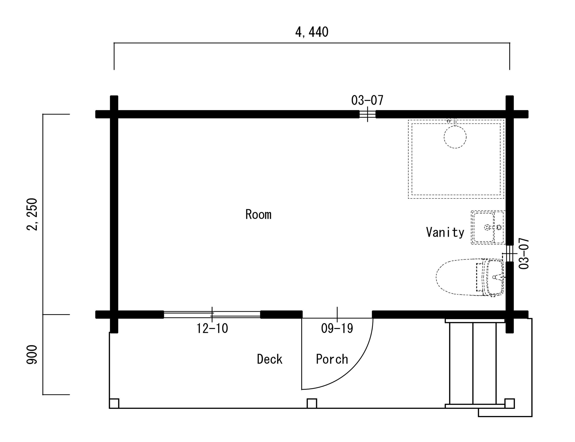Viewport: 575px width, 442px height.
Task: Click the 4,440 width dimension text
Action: (x=312, y=32)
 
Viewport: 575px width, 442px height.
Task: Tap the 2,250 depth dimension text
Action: (x=32, y=214)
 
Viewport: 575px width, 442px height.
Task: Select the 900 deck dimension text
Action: (x=32, y=355)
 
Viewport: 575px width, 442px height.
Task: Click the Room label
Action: (x=258, y=214)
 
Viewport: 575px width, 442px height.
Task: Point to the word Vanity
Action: (x=445, y=232)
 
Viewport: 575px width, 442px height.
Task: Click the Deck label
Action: (x=270, y=359)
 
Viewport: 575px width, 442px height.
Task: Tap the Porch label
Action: (x=332, y=359)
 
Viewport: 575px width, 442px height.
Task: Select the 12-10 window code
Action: (x=212, y=328)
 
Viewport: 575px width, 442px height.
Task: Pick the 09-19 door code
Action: (x=337, y=328)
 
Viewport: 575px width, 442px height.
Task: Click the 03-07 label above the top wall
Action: (x=367, y=100)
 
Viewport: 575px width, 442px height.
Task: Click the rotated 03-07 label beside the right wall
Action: (x=524, y=253)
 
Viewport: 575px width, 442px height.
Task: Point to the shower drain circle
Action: (x=455, y=137)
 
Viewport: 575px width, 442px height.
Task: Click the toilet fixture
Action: (x=470, y=277)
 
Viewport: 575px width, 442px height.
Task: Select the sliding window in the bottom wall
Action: (x=212, y=314)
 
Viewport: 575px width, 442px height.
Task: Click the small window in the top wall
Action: (x=367, y=114)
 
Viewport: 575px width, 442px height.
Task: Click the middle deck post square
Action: (x=312, y=403)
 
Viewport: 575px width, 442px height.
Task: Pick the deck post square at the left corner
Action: (x=114, y=403)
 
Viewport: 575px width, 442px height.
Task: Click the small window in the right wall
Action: (x=510, y=253)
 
